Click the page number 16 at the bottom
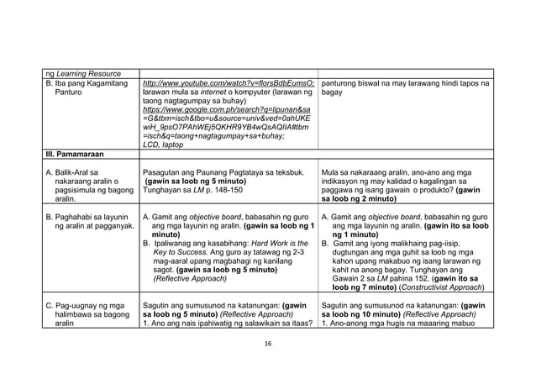click(x=268, y=344)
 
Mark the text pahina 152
click(x=407, y=277)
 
